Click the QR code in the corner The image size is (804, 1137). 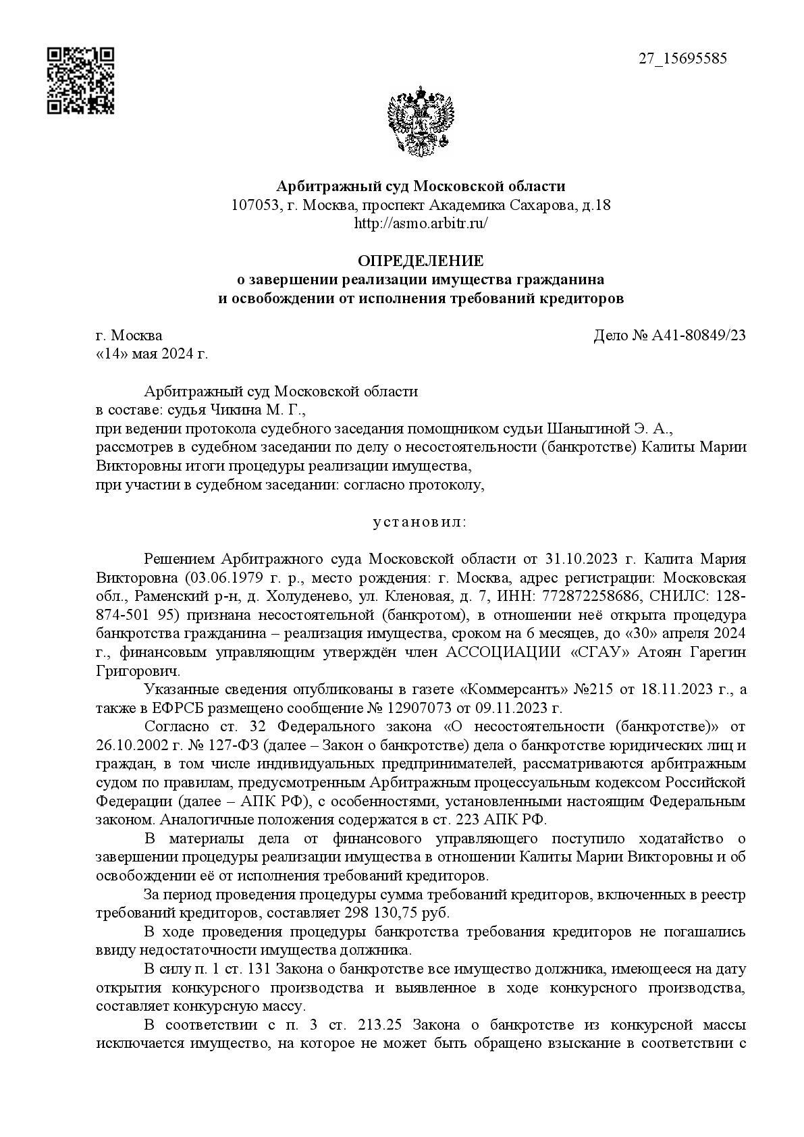tap(80, 80)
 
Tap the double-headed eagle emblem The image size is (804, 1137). tap(420, 122)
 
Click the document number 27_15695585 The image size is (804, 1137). tap(682, 59)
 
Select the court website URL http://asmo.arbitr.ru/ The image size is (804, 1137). tap(421, 223)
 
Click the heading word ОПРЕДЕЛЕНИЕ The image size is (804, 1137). tap(420, 261)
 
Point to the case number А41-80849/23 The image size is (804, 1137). tap(698, 336)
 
